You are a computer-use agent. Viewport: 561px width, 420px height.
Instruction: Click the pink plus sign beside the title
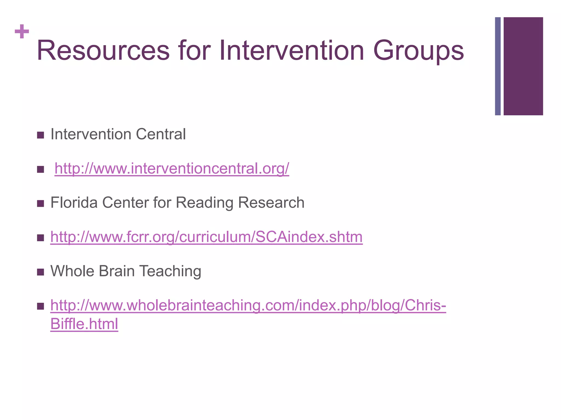point(22,31)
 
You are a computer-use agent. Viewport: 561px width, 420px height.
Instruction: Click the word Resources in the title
point(103,51)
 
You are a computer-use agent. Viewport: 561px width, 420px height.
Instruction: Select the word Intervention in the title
point(292,51)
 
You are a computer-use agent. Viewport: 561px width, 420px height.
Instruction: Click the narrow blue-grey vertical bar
point(498,66)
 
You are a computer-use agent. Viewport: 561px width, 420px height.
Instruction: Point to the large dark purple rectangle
point(523,66)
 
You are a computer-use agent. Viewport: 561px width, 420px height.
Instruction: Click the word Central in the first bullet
point(161,134)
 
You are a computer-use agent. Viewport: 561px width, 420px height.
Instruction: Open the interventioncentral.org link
point(172,168)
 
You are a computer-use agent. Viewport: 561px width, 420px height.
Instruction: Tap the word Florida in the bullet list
point(74,203)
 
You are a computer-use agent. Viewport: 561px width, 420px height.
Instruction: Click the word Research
point(271,203)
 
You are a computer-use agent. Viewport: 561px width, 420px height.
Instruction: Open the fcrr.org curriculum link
point(207,237)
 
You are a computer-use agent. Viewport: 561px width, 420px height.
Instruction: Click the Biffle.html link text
point(84,324)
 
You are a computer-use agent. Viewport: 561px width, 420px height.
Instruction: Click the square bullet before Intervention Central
point(41,135)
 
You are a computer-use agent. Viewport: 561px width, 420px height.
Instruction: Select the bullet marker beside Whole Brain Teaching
point(41,272)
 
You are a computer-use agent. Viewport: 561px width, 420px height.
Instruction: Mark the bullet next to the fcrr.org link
point(41,238)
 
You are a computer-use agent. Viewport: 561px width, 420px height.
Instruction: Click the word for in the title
point(194,51)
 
